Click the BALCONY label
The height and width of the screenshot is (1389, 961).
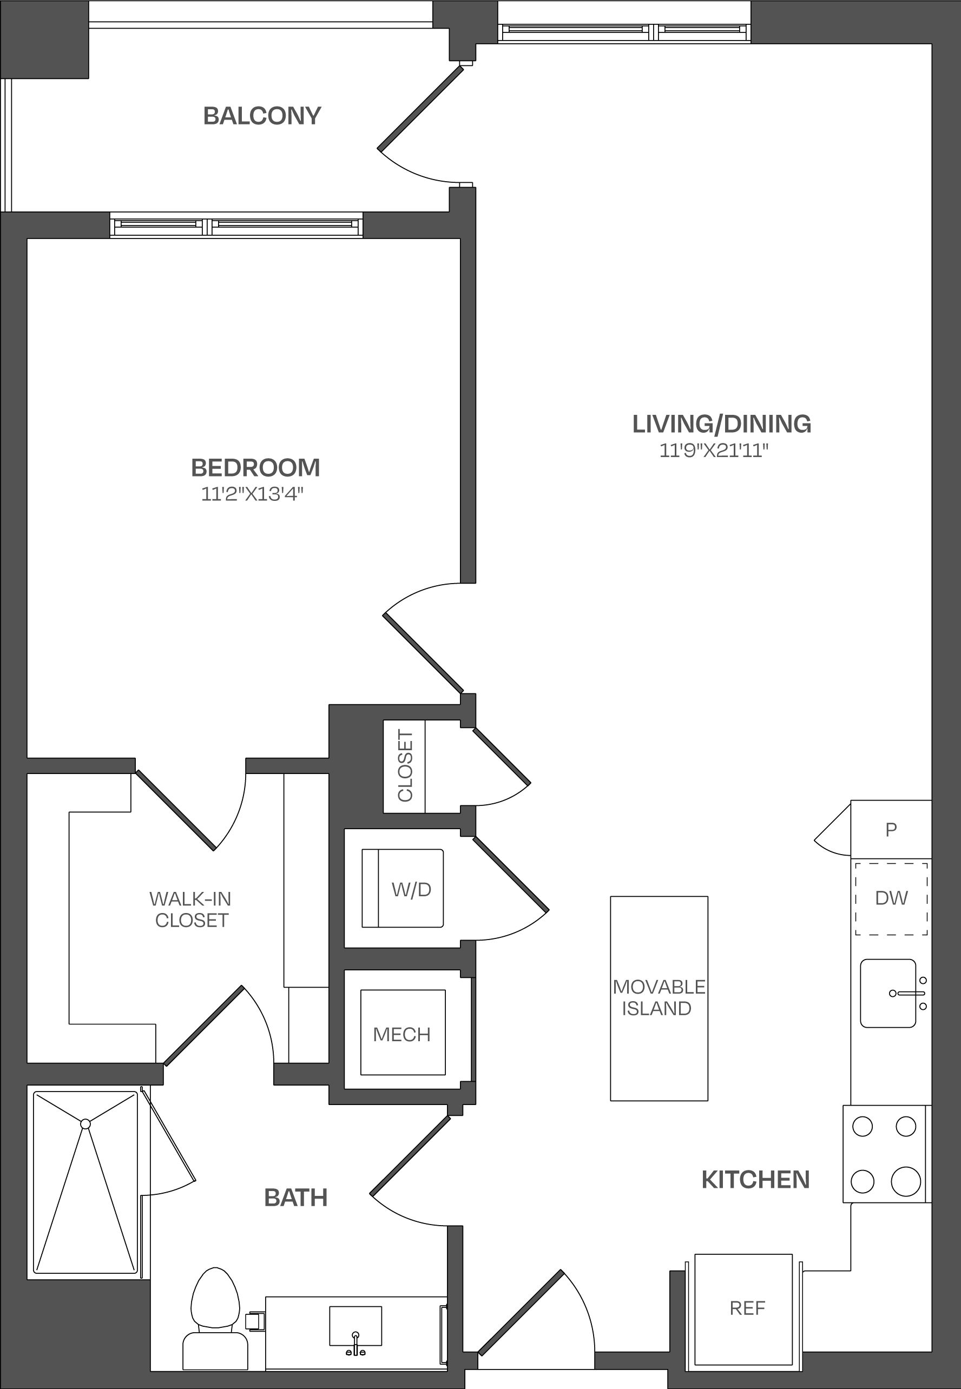point(262,116)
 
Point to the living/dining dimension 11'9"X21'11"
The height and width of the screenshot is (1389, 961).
point(714,450)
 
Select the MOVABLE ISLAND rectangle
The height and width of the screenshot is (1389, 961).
point(659,998)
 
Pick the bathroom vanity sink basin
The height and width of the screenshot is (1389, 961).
point(356,1326)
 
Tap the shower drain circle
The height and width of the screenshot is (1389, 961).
point(85,1123)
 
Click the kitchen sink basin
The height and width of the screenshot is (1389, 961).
point(887,993)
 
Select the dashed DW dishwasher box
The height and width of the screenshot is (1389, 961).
point(891,898)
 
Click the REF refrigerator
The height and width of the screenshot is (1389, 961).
point(743,1309)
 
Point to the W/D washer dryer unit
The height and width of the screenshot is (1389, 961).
point(402,888)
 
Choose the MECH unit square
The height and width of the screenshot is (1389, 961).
point(403,1032)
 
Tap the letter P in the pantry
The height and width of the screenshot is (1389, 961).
point(891,829)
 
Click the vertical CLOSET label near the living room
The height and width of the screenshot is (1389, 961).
point(405,765)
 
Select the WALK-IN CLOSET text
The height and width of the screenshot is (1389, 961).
point(191,909)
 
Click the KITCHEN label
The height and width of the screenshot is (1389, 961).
point(756,1180)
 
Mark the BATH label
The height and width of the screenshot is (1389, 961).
point(295,1198)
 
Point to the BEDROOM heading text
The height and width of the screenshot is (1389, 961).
point(255,468)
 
